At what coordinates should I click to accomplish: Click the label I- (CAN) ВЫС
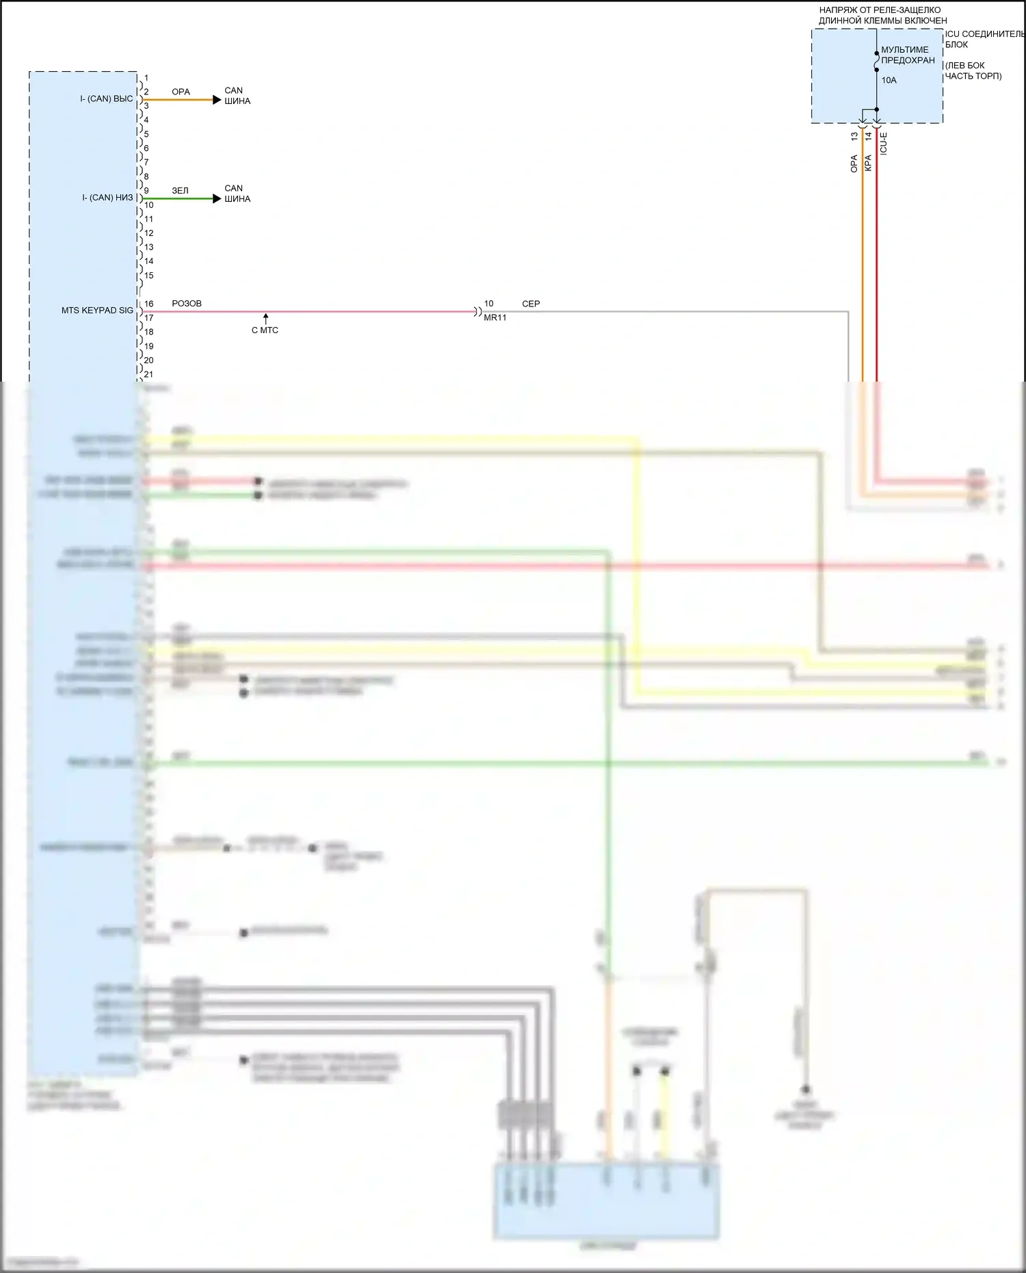107,99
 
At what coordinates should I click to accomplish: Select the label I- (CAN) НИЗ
107,198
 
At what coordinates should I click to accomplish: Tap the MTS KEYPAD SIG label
97,311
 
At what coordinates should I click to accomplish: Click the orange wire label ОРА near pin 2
181,92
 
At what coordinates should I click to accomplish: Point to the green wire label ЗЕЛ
180,191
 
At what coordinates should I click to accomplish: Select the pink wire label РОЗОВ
187,304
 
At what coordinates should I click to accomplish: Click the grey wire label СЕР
531,304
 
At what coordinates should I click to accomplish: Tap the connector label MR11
495,318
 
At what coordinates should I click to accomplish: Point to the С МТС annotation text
265,330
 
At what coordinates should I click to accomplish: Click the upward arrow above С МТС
265,318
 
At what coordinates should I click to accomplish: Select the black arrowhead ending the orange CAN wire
218,100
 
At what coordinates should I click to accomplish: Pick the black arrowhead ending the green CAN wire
218,199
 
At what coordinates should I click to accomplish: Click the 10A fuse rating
889,81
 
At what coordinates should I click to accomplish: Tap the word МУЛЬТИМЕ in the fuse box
904,50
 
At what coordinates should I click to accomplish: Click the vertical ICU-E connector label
883,143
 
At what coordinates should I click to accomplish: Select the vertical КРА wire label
868,163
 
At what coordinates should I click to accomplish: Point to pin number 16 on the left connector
148,304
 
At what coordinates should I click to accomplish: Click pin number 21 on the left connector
148,374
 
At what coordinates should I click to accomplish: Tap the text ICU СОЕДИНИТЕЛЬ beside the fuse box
984,34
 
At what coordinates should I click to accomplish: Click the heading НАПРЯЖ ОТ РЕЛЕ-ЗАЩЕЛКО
880,10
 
